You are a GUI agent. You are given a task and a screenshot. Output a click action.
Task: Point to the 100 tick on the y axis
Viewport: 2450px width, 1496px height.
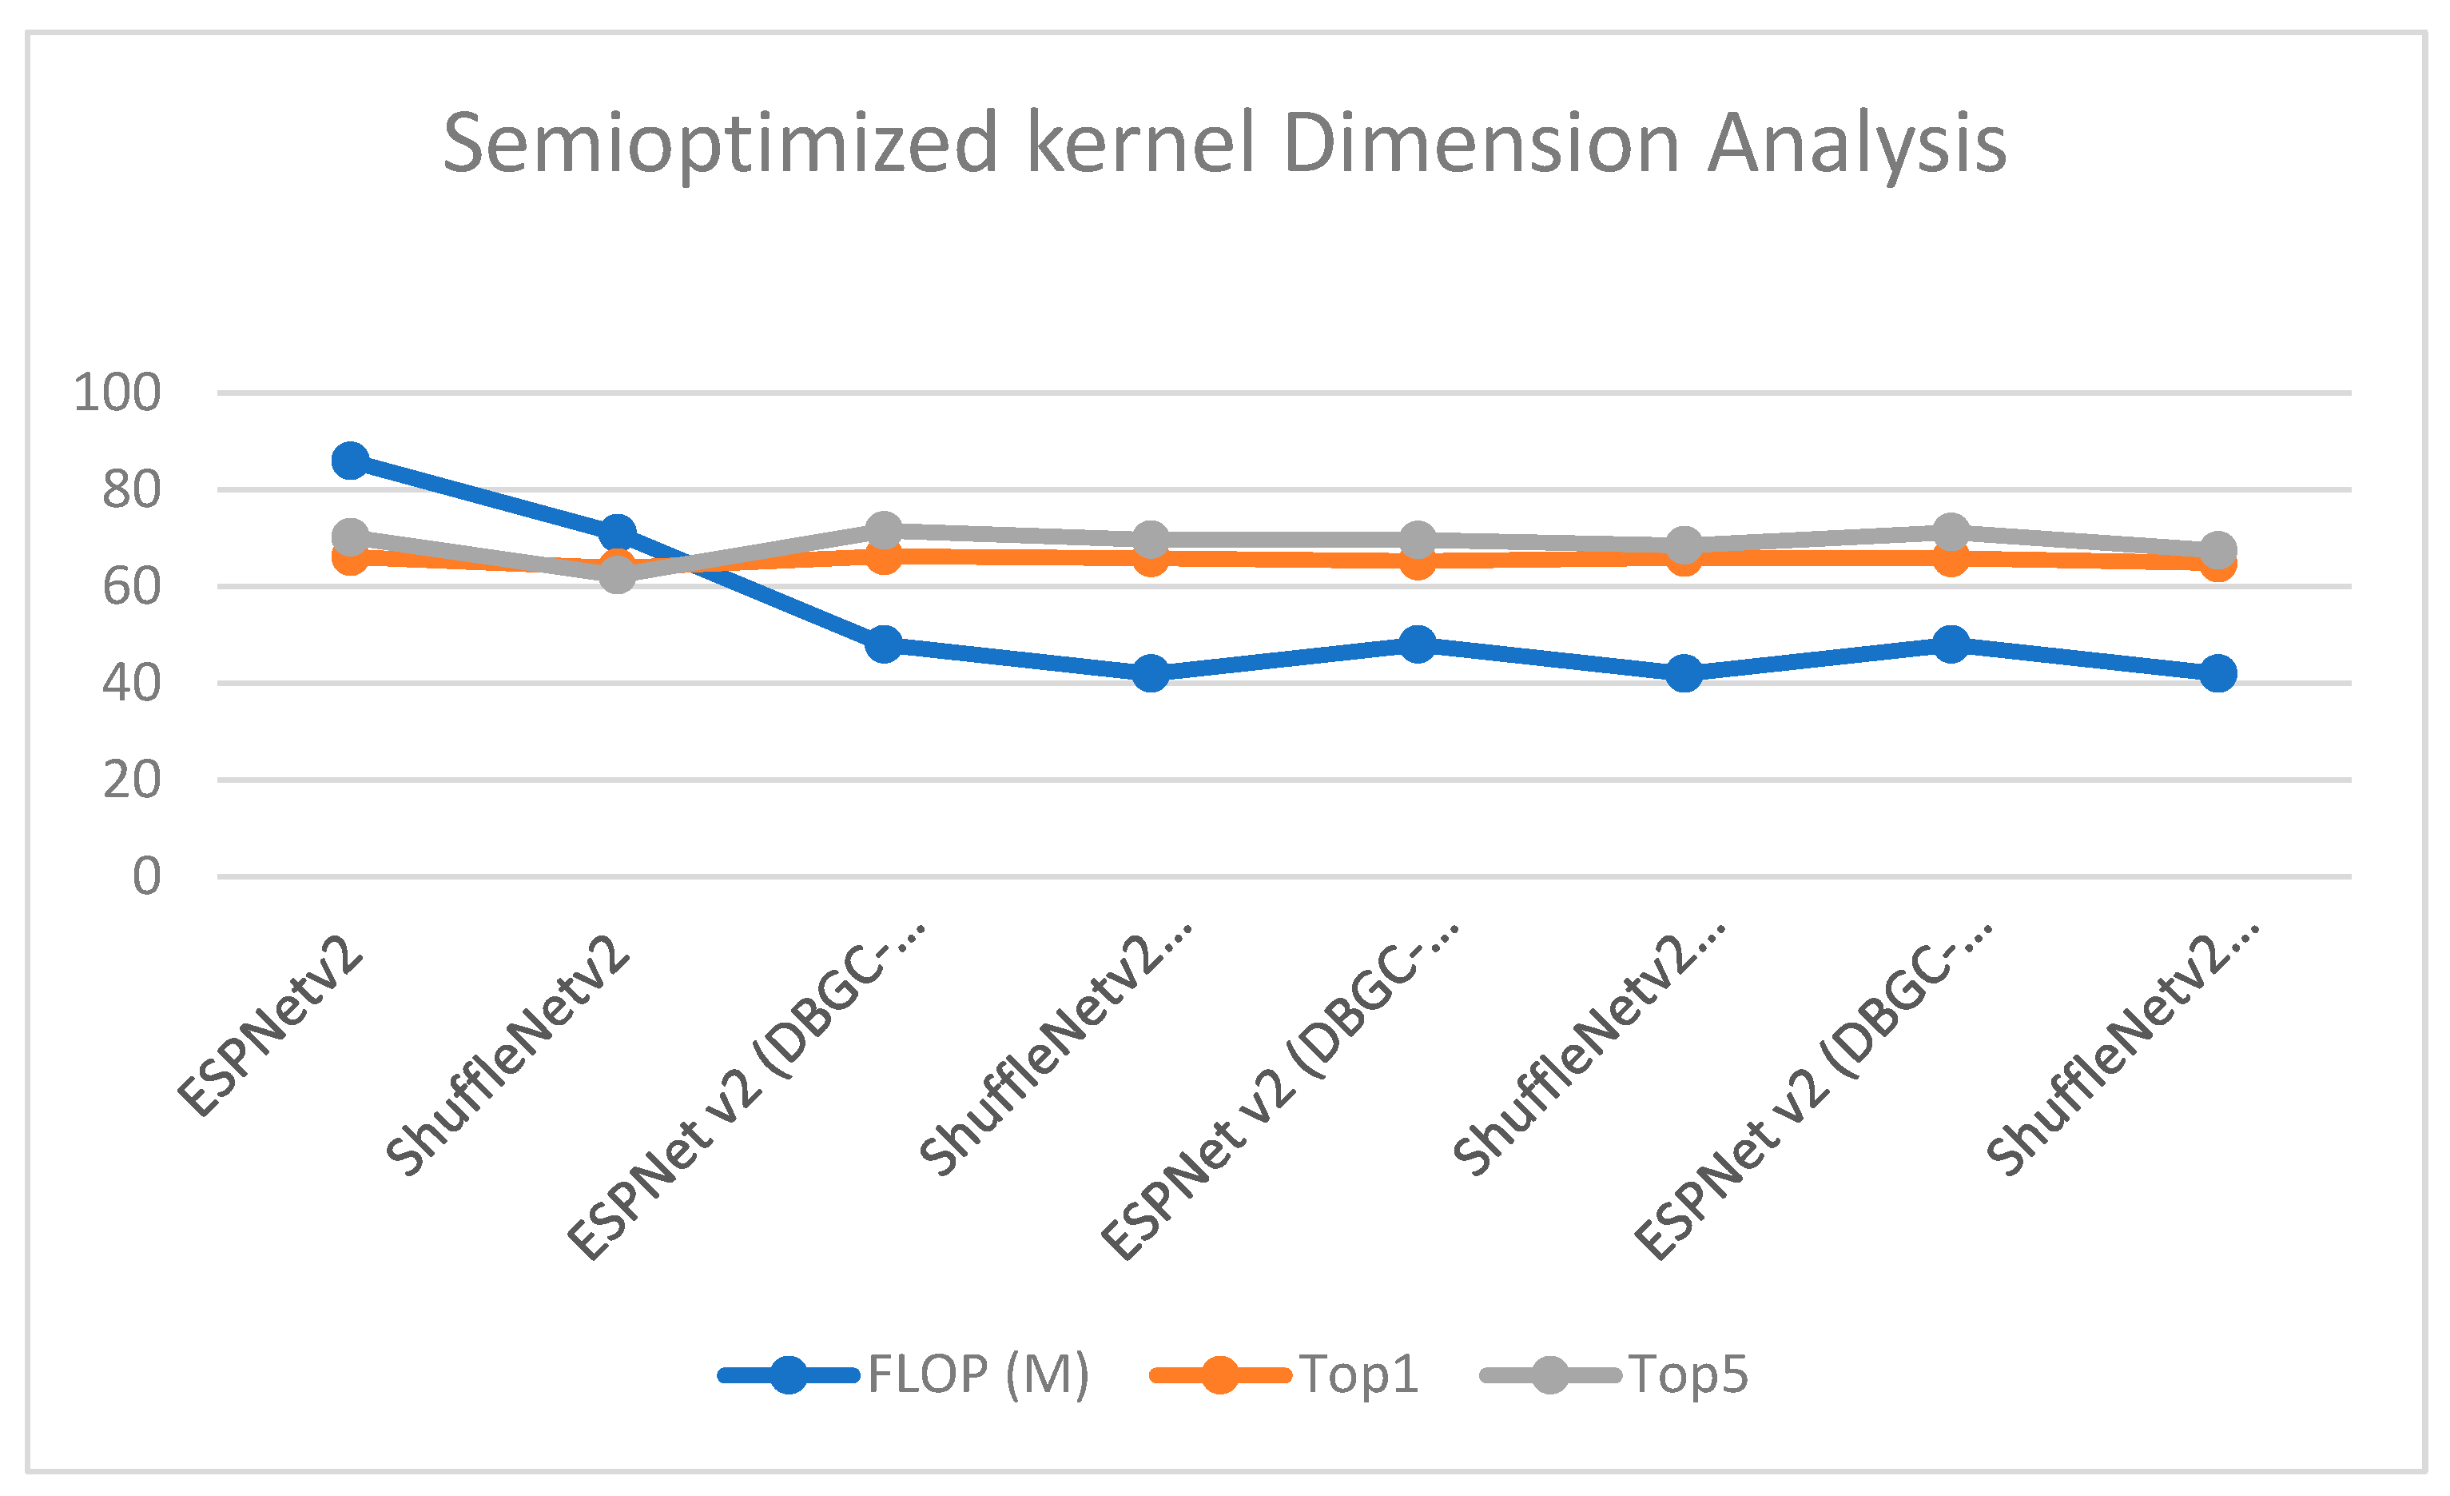[x=117, y=393]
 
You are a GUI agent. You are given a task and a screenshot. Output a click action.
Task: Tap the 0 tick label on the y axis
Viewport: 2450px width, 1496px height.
[x=146, y=877]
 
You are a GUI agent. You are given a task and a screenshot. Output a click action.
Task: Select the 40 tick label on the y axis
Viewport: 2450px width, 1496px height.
[x=130, y=684]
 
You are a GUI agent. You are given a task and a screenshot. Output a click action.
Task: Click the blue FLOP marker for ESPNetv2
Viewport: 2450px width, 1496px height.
[x=350, y=460]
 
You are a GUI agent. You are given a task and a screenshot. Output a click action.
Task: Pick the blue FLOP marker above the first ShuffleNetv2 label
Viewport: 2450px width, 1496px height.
[x=618, y=533]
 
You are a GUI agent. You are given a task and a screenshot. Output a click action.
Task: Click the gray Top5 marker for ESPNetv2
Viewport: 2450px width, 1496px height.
[x=350, y=537]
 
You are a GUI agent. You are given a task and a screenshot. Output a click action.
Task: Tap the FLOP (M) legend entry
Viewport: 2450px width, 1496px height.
[x=977, y=1375]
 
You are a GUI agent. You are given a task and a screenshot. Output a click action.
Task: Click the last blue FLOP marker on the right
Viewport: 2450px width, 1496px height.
[x=2217, y=673]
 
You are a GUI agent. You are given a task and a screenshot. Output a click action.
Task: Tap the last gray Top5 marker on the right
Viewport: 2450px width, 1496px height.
[x=2217, y=549]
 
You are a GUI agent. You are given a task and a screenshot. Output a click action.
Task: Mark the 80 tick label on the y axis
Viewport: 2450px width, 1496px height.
[x=130, y=490]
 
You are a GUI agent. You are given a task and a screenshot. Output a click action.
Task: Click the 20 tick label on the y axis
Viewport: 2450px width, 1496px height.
[x=130, y=780]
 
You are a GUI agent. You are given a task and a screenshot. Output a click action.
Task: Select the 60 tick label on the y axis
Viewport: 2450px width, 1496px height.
[x=130, y=587]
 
